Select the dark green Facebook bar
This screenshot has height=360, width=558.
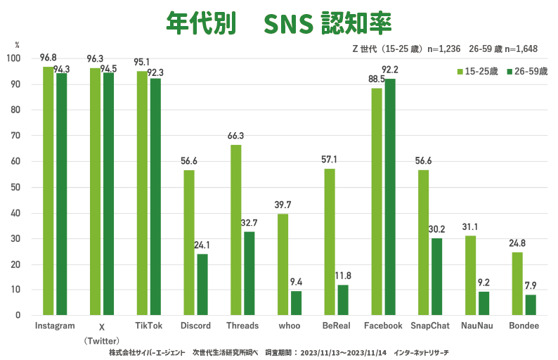coord(389,197)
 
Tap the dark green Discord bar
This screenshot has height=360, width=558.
coord(202,284)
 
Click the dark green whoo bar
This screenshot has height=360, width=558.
coord(296,303)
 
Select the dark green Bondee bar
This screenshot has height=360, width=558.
coord(530,304)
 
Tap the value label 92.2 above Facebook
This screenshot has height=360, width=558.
coord(390,69)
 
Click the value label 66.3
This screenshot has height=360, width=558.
coord(235,136)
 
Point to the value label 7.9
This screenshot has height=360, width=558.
coord(531,285)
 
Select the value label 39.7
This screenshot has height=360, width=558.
coord(283,204)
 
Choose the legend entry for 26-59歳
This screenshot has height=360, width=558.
coord(527,72)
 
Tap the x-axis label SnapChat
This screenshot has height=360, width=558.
coord(429,326)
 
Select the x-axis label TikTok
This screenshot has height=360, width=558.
coord(148,326)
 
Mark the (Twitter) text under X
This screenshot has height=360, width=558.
coord(101,340)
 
